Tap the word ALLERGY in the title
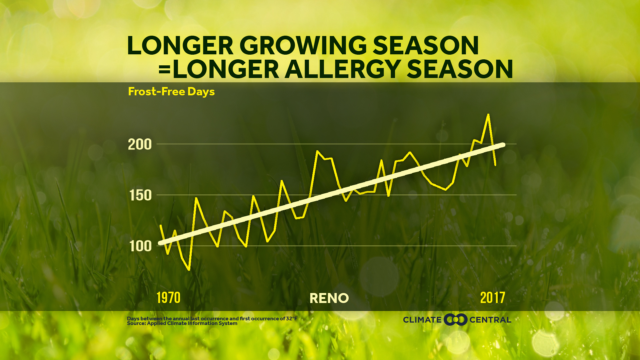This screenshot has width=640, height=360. point(343,69)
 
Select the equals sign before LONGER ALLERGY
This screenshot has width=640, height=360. point(165,70)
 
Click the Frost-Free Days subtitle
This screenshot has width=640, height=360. point(171,92)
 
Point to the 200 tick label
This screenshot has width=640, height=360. point(140,145)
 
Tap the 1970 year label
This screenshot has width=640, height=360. point(168,298)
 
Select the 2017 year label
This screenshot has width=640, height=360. point(492,298)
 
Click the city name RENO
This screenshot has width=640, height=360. point(329,298)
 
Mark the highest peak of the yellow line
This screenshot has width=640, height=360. point(488,115)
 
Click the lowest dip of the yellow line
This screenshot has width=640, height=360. point(189,269)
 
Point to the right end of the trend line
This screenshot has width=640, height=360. point(503,145)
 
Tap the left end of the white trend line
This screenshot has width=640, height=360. point(160,243)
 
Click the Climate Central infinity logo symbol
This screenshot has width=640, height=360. point(456,320)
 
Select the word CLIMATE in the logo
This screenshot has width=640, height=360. point(422,320)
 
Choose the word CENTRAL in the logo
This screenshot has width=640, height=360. point(490,320)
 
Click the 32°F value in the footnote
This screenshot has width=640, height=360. point(291,319)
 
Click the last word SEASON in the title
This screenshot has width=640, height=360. point(460,69)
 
